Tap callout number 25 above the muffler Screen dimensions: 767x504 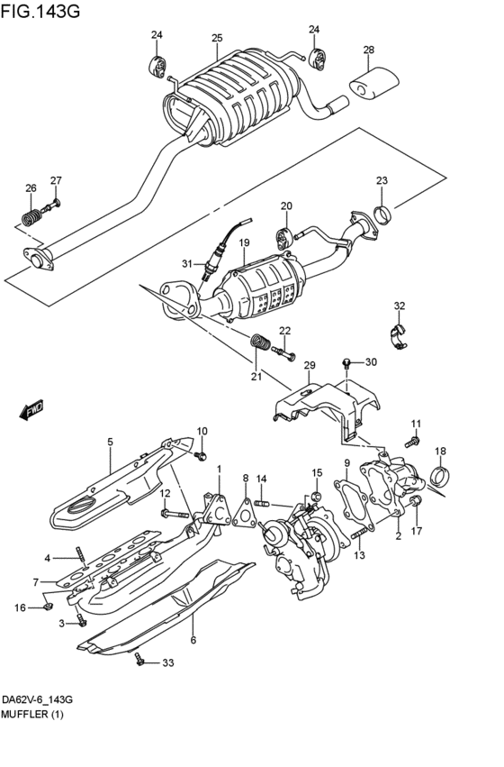pyautogui.click(x=217, y=38)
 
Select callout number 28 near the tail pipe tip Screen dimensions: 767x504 pyautogui.click(x=368, y=50)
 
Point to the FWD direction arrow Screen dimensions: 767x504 pyautogui.click(x=31, y=410)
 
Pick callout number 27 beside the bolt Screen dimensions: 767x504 pyautogui.click(x=56, y=180)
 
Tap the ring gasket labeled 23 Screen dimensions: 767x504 pyautogui.click(x=382, y=215)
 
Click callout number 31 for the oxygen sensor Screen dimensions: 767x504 pyautogui.click(x=187, y=264)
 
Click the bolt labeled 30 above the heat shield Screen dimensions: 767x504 pyautogui.click(x=346, y=363)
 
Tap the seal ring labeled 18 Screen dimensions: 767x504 pyautogui.click(x=439, y=475)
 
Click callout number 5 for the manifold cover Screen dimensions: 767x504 pyautogui.click(x=110, y=442)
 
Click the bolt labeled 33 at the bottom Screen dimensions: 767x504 pyautogui.click(x=140, y=663)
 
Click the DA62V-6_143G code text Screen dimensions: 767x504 pyautogui.click(x=37, y=700)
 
